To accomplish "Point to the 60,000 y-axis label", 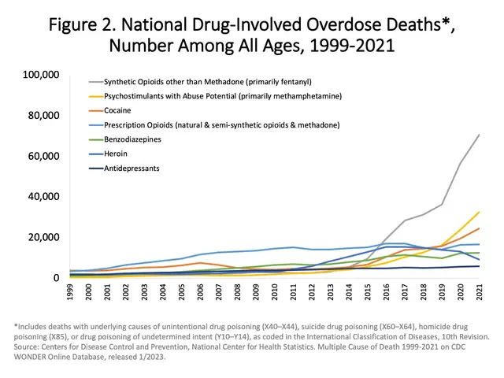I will click(42, 156).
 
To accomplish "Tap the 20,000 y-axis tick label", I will click(42, 237).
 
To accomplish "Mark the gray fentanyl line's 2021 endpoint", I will click(479, 134).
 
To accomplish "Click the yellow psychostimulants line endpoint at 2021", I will click(479, 212).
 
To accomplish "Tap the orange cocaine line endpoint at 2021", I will click(479, 228).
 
